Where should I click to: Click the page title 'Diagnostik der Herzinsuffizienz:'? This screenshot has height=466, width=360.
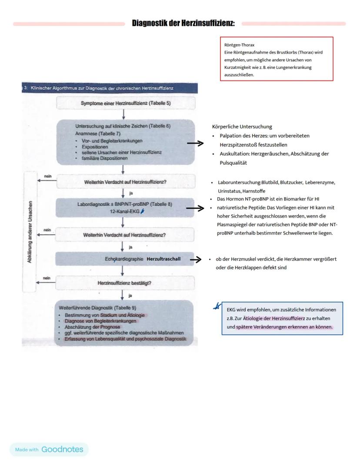pyautogui.click(x=183, y=23)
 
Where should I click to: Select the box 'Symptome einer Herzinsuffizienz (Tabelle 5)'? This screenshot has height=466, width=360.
pyautogui.click(x=126, y=103)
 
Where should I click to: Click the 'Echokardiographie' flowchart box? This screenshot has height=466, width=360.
pyautogui.click(x=124, y=259)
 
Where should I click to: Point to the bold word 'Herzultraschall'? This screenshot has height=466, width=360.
pyautogui.click(x=163, y=259)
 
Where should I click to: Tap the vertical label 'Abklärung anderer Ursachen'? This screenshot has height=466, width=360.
pyautogui.click(x=30, y=231)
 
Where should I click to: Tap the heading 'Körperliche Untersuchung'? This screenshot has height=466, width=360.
pyautogui.click(x=242, y=127)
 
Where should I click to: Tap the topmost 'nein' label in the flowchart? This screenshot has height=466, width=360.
pyautogui.click(x=48, y=176)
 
